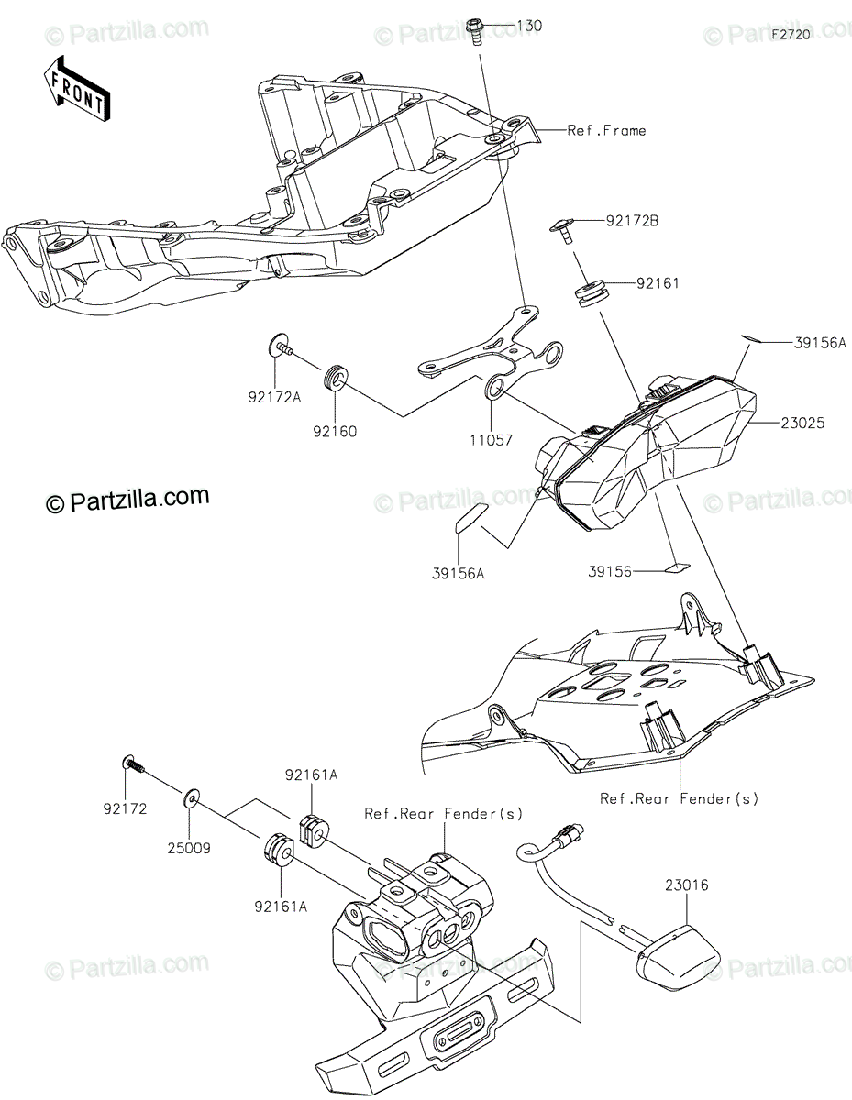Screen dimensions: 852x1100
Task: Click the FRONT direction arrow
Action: click(x=77, y=90)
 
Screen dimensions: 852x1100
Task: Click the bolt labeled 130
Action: click(x=475, y=32)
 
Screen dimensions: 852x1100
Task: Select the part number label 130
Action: click(x=529, y=26)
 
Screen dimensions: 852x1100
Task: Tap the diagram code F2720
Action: click(x=791, y=35)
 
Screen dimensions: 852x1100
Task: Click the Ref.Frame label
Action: click(x=606, y=130)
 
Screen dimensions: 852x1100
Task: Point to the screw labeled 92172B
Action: click(x=562, y=231)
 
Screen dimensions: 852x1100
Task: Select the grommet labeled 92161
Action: click(x=591, y=293)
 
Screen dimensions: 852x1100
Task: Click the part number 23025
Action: click(x=802, y=423)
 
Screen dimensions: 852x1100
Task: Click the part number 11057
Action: click(x=491, y=440)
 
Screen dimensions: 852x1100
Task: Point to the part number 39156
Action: click(x=610, y=572)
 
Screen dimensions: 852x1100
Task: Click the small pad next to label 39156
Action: click(x=678, y=567)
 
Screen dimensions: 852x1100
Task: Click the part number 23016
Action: click(x=686, y=885)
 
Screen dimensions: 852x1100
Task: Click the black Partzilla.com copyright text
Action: click(x=127, y=500)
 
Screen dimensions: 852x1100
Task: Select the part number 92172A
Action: click(x=274, y=398)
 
